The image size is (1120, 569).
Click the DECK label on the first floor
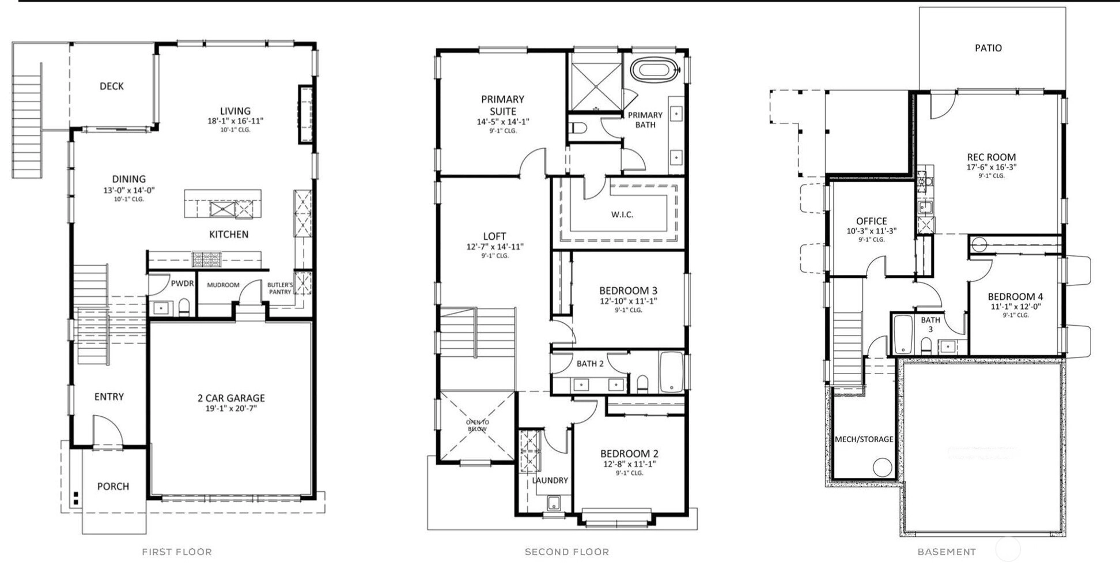pos(112,86)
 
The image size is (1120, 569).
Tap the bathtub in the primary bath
pos(654,71)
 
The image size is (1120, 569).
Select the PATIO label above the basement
pos(988,48)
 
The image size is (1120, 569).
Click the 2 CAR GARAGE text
pos(231,398)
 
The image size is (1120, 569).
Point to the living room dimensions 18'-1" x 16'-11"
pos(235,121)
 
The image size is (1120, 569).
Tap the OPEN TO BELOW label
pos(477,425)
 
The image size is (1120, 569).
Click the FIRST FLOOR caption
pos(177,552)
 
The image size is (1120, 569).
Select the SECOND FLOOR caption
pos(567,552)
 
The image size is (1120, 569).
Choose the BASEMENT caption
pos(947,552)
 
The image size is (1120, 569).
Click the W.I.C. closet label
pos(622,214)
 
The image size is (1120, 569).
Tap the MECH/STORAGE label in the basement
pos(864,439)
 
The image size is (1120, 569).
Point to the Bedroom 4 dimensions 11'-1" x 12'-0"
pos(1016,307)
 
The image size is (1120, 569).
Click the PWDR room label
pos(182,284)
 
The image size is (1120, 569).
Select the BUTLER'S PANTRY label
pos(280,288)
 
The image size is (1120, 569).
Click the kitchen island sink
pos(222,209)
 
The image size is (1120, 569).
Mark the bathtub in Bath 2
pos(671,372)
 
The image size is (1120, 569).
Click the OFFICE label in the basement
pos(871,221)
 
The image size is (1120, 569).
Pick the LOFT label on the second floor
pos(494,236)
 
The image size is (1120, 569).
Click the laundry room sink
pos(554,503)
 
